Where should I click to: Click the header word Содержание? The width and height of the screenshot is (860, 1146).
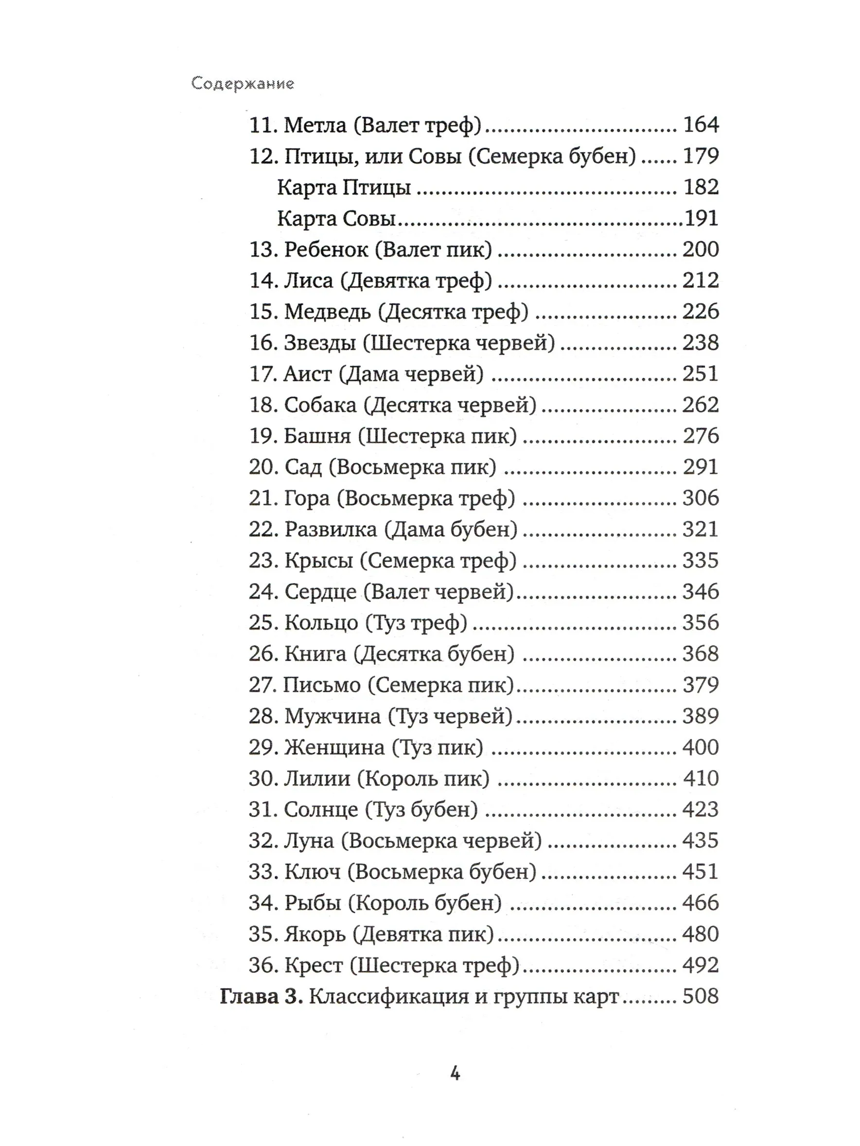(x=243, y=84)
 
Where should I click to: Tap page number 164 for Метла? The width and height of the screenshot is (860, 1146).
(x=701, y=125)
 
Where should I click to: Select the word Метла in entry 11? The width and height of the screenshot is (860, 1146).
(x=315, y=125)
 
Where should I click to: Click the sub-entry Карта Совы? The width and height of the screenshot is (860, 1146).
(x=336, y=219)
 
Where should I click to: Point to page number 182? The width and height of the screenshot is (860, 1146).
(x=701, y=187)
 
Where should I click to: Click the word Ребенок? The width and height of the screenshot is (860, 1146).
(x=326, y=250)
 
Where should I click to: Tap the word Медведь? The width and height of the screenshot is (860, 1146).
(x=328, y=312)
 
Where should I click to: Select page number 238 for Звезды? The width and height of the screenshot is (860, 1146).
(x=701, y=343)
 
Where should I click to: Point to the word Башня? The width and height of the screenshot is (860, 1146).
(x=317, y=436)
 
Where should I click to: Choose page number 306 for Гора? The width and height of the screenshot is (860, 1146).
(x=701, y=498)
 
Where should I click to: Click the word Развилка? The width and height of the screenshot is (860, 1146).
(x=331, y=530)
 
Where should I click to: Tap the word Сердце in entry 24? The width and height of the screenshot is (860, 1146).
(x=320, y=592)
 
